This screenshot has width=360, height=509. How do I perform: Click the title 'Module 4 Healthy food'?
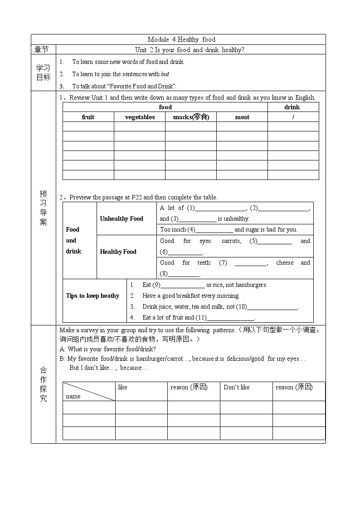coord(178,39)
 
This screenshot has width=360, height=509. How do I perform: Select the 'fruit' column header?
coord(88,117)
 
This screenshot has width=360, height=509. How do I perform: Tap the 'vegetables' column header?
coord(140,117)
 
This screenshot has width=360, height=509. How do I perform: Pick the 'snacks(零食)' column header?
coord(191,117)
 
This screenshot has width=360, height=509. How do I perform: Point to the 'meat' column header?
coord(242,117)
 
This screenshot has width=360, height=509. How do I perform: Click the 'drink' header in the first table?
coord(292,107)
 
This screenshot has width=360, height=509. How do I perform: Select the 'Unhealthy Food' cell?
coord(122,218)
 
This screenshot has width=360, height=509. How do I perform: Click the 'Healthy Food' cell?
coord(118,252)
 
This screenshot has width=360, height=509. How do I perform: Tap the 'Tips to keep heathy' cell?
coord(92,296)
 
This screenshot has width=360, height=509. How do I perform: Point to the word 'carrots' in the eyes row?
coord(231,241)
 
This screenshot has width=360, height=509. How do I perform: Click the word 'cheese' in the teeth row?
coord(285,263)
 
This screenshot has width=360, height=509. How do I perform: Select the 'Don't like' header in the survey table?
coord(237,387)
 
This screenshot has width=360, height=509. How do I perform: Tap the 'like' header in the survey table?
coord(123,387)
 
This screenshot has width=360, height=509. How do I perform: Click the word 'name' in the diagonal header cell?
coord(73,396)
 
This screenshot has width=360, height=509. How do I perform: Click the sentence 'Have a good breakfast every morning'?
coord(191,296)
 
